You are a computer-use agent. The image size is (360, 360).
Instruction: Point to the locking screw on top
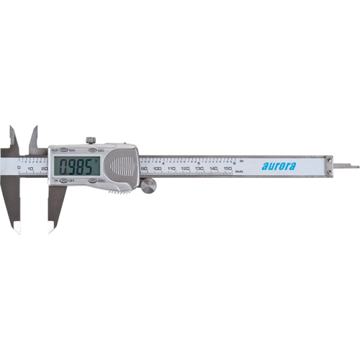click(x=90, y=140)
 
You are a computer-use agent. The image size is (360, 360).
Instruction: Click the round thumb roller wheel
click(x=148, y=186)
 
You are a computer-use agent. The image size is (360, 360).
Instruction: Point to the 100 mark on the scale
click(x=158, y=168)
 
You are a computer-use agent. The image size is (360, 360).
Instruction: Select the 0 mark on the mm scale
click(x=19, y=168)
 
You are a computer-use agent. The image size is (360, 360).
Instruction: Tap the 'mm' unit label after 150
click(x=239, y=172)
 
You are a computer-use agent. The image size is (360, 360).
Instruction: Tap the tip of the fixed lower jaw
click(x=17, y=230)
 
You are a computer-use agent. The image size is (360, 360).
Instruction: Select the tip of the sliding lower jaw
click(x=50, y=230)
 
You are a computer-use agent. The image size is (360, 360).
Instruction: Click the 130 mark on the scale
click(x=199, y=168)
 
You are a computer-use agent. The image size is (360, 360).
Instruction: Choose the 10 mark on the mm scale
click(x=31, y=168)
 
